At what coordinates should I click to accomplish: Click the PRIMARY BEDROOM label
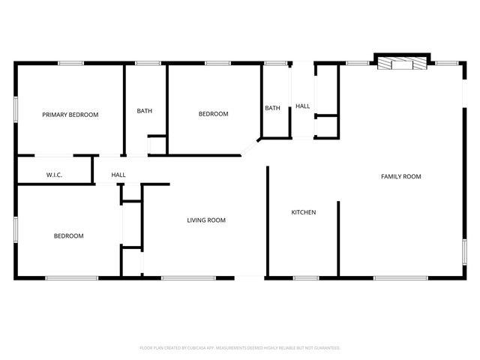click(70, 115)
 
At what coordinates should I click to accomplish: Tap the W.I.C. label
click(54, 175)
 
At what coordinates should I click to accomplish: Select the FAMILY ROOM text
click(401, 176)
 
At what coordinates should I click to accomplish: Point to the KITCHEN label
click(304, 212)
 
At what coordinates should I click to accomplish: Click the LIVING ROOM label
click(206, 220)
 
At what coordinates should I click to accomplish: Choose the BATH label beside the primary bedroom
click(145, 111)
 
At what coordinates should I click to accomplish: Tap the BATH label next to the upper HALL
click(272, 108)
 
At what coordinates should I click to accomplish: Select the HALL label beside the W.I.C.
click(118, 175)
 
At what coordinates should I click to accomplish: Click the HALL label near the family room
click(302, 106)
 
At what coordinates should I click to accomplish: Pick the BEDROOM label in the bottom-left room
click(68, 235)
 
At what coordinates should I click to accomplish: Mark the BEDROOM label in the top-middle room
click(213, 114)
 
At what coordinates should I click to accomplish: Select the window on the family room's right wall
click(464, 250)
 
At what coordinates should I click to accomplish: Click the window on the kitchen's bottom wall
click(305, 278)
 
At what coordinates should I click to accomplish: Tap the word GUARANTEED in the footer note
click(326, 348)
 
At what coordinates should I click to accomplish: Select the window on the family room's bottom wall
click(400, 278)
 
